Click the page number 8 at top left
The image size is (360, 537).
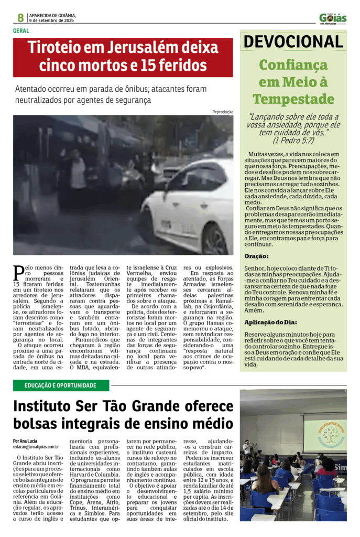[x=20, y=17]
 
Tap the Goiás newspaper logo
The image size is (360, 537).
[x=333, y=18]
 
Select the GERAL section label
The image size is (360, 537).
[x=21, y=30]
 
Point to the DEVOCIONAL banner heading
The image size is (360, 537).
[x=293, y=42]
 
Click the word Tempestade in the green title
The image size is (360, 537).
[x=293, y=99]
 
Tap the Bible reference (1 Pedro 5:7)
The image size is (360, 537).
[x=293, y=141]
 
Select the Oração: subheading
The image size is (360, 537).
[x=257, y=256]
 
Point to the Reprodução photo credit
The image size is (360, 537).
[x=223, y=112]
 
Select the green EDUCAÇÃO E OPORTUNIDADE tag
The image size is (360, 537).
[x=61, y=385]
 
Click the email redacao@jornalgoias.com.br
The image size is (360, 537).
[x=36, y=447]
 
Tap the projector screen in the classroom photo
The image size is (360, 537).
[x=324, y=433]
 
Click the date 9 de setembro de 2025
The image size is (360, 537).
[x=51, y=20]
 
